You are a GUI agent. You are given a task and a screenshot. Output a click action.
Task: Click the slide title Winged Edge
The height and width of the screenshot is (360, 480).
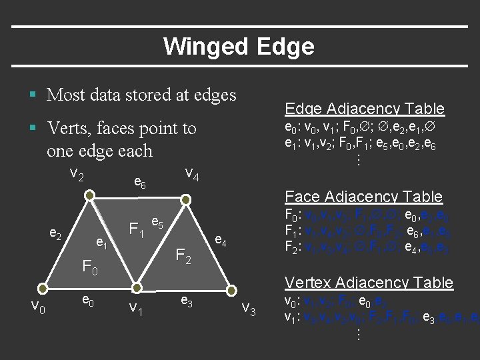point(239,46)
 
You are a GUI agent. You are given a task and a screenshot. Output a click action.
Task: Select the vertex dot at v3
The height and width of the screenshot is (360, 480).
point(232,288)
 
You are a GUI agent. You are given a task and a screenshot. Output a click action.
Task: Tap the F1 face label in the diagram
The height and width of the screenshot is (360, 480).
point(137,231)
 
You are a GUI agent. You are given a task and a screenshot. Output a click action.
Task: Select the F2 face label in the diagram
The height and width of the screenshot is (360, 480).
point(183,254)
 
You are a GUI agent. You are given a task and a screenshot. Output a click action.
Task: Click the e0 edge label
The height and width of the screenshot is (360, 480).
point(87,302)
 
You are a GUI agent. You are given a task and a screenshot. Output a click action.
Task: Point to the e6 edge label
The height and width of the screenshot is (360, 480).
point(140,181)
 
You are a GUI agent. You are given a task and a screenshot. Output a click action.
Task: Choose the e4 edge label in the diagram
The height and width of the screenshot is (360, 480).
point(220,241)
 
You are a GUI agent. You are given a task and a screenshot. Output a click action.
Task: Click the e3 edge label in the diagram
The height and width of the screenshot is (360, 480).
point(187,302)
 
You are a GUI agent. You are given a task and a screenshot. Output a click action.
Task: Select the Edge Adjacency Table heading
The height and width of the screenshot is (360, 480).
point(364,109)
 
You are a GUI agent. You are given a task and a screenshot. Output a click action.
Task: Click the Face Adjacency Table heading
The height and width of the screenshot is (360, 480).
point(363,196)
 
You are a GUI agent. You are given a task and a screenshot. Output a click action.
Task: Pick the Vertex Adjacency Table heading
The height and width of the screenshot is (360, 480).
point(369,282)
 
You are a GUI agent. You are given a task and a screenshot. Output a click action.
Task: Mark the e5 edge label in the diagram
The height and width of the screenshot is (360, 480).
point(157,222)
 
